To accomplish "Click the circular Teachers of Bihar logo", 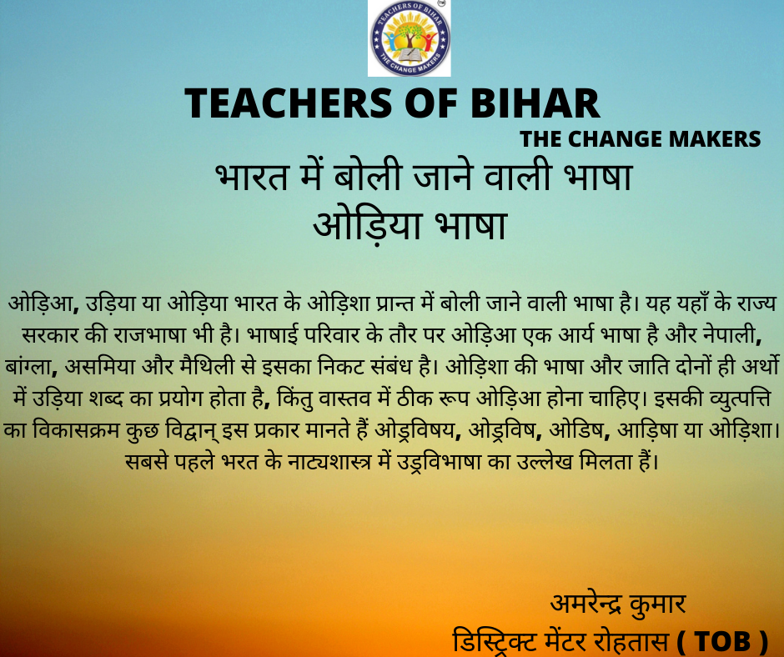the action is (410, 38).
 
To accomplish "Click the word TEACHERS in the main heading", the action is (289, 103).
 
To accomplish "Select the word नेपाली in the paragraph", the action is (732, 335).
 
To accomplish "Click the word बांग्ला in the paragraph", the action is (31, 367).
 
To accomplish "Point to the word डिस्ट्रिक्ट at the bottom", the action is (495, 641).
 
